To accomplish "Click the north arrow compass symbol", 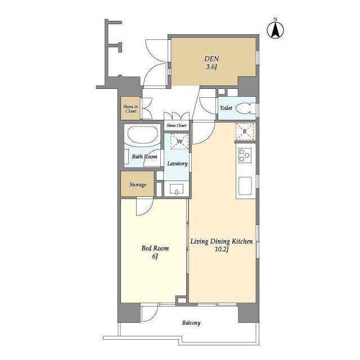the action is pyautogui.click(x=275, y=30).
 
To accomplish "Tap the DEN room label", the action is pyautogui.click(x=211, y=58).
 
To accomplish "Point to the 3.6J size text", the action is pyautogui.click(x=211, y=67).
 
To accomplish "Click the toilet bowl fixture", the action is pyautogui.click(x=244, y=109).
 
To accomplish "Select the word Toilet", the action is pyautogui.click(x=226, y=108).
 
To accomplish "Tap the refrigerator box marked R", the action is pyautogui.click(x=245, y=132).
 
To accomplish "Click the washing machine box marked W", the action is pyautogui.click(x=180, y=141).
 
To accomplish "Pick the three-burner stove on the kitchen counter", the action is pyautogui.click(x=245, y=155).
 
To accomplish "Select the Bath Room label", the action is pyautogui.click(x=145, y=157).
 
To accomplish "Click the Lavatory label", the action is pyautogui.click(x=177, y=164).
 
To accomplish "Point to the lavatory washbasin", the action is pyautogui.click(x=177, y=190).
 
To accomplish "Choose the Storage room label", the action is pyautogui.click(x=138, y=184).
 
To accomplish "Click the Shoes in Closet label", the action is pyautogui.click(x=130, y=109).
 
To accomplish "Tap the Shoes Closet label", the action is pyautogui.click(x=176, y=125).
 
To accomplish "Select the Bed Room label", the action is pyautogui.click(x=155, y=248).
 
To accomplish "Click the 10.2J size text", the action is pyautogui.click(x=221, y=249).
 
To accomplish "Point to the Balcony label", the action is pyautogui.click(x=191, y=323).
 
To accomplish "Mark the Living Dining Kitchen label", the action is pyautogui.click(x=222, y=241).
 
